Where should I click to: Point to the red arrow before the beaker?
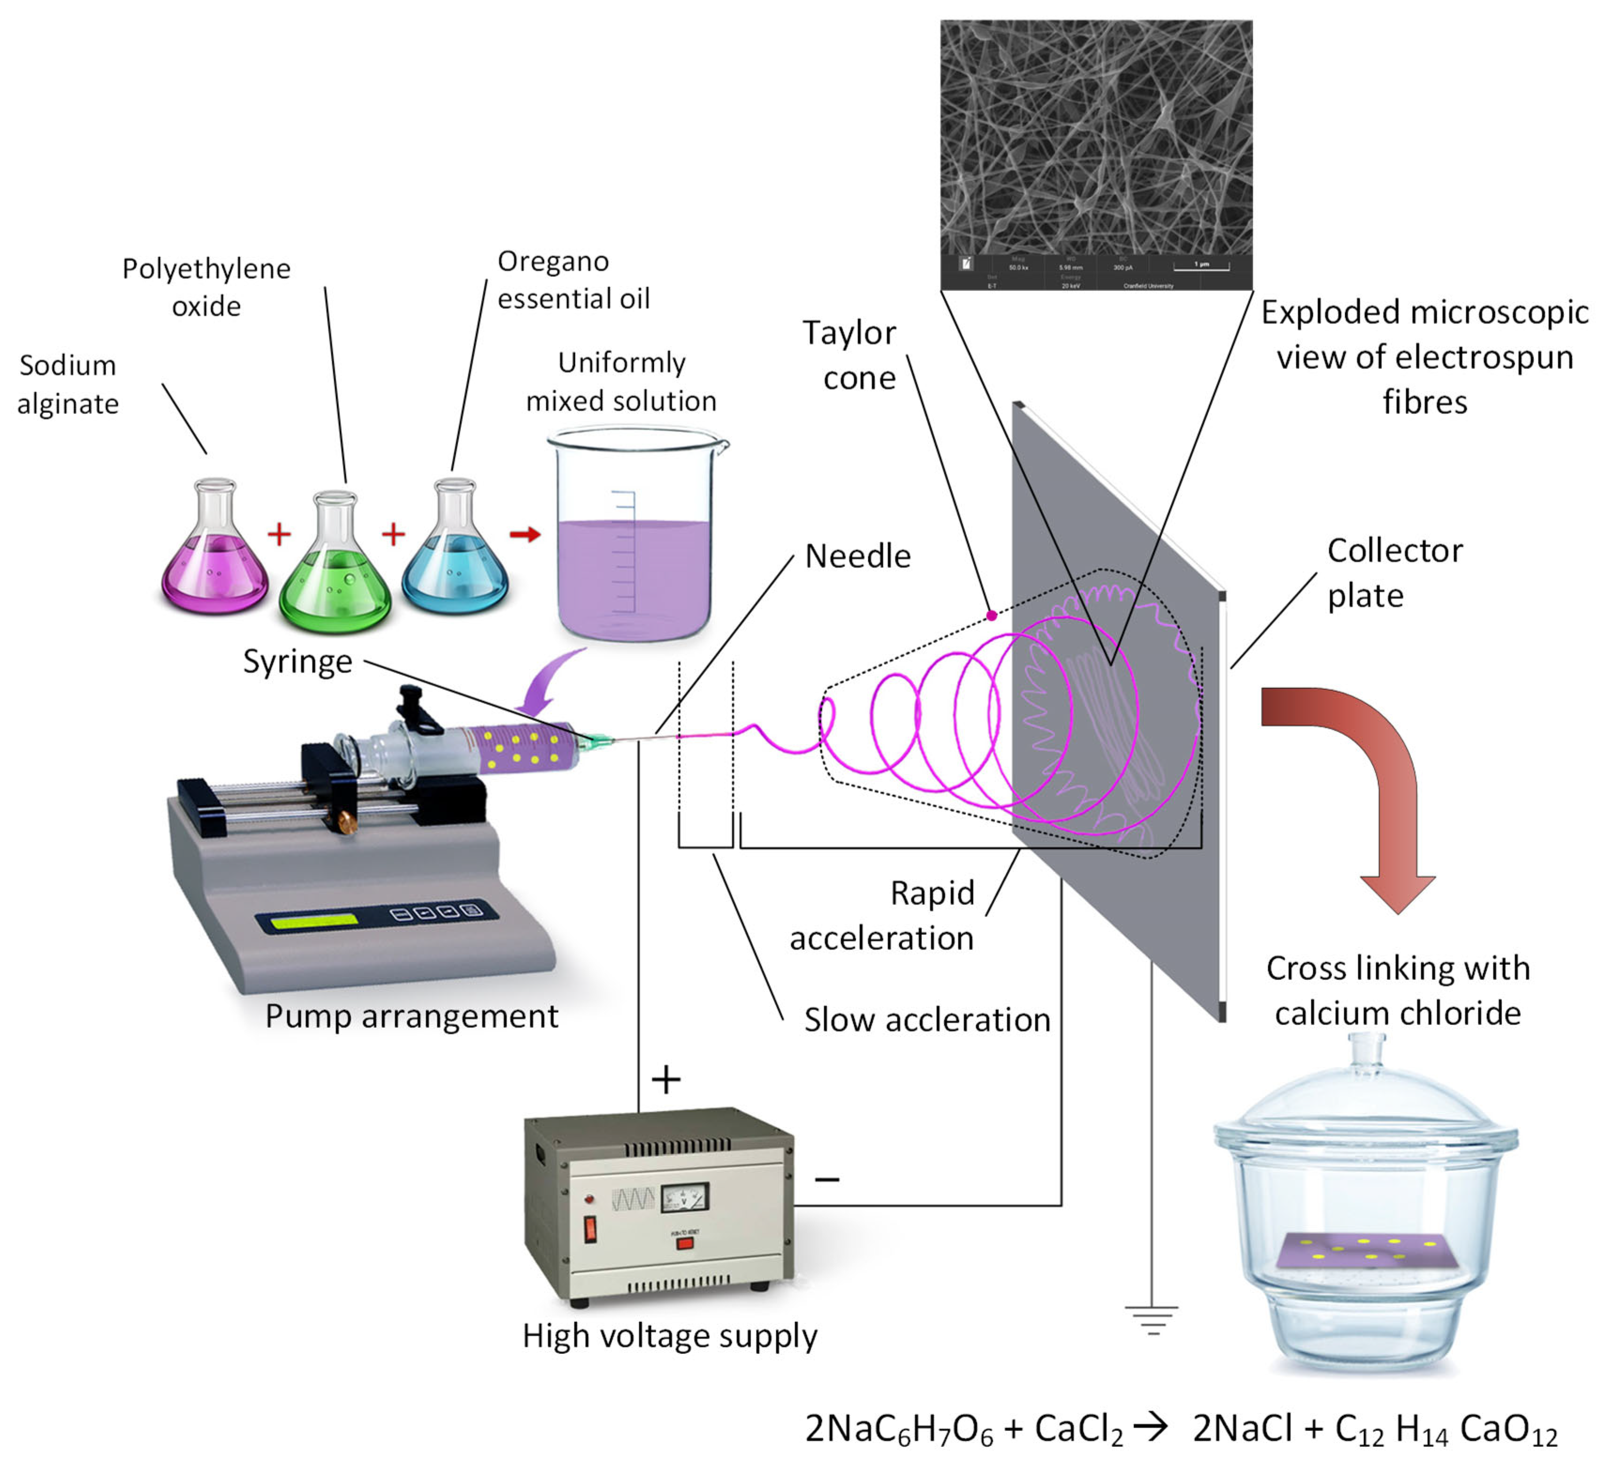[525, 534]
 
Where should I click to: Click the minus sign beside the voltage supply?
[827, 1180]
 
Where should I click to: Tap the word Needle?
[857, 556]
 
